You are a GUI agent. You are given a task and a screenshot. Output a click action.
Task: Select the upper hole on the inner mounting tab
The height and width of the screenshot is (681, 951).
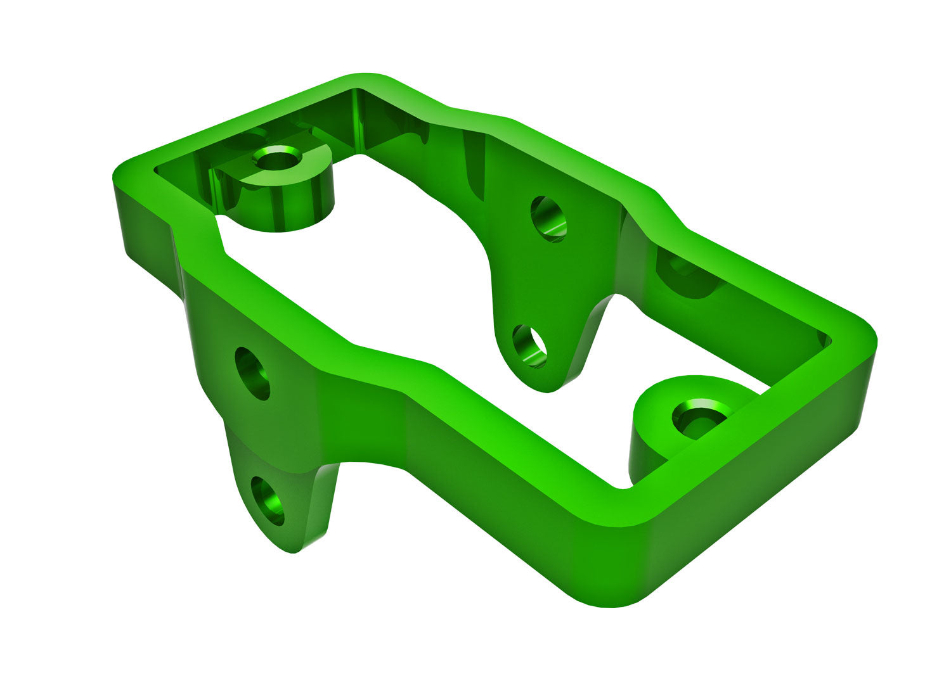[x=548, y=219]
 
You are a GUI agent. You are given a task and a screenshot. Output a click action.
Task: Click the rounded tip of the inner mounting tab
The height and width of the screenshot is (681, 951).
[x=545, y=383]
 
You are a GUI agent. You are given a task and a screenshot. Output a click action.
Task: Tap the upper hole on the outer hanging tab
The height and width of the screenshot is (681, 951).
[x=252, y=373]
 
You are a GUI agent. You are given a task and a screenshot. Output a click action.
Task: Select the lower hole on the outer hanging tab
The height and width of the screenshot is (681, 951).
[x=268, y=501]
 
